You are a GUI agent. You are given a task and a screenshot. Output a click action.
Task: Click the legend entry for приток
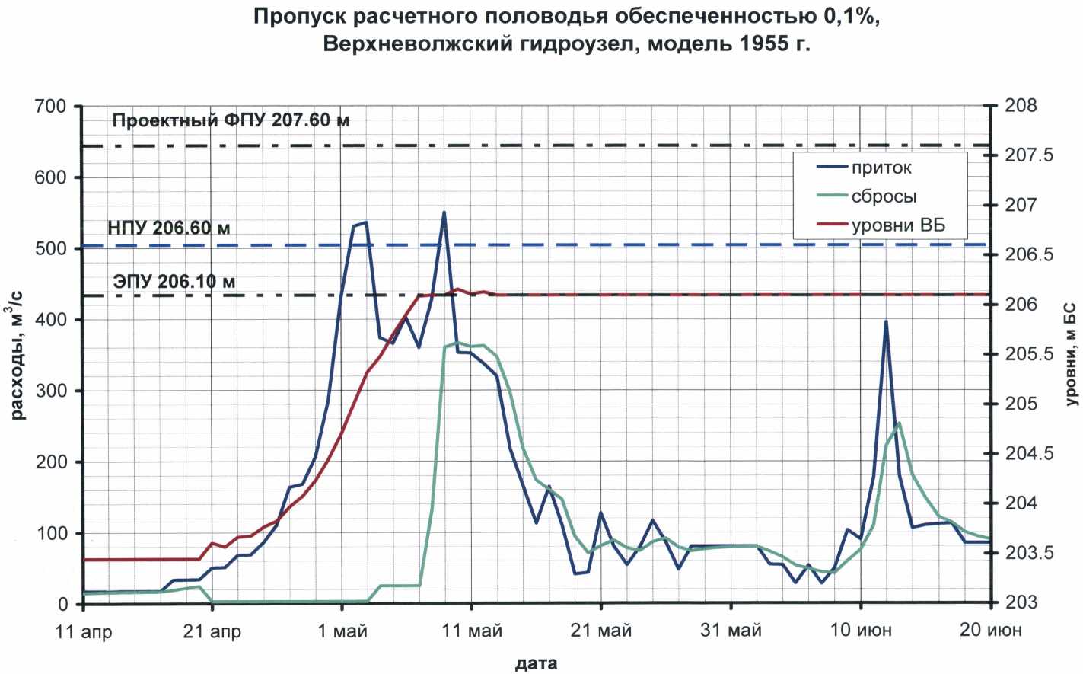click(x=881, y=168)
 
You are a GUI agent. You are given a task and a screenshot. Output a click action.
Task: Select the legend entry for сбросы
click(x=884, y=196)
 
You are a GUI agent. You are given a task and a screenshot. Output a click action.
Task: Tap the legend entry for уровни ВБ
click(x=898, y=225)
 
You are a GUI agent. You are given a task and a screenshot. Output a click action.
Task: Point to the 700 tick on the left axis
click(x=51, y=106)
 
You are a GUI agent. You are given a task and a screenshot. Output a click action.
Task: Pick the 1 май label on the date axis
click(x=342, y=631)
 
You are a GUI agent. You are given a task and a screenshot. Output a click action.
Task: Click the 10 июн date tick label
click(x=861, y=631)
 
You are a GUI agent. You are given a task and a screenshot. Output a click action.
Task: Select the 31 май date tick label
click(x=731, y=631)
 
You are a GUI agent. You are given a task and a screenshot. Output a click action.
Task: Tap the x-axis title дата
click(x=536, y=663)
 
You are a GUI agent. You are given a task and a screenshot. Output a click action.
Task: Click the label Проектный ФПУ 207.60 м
click(x=231, y=120)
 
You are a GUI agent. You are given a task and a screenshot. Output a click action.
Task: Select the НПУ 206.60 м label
click(x=169, y=228)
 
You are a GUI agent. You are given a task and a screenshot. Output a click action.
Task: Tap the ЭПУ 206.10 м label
click(x=174, y=282)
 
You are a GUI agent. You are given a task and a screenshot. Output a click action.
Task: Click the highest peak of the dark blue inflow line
click(x=444, y=212)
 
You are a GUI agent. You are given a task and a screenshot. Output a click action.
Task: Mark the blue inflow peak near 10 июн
click(x=886, y=322)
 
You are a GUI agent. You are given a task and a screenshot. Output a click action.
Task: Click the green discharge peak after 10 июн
click(x=900, y=423)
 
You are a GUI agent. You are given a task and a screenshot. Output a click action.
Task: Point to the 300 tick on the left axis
click(x=51, y=391)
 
